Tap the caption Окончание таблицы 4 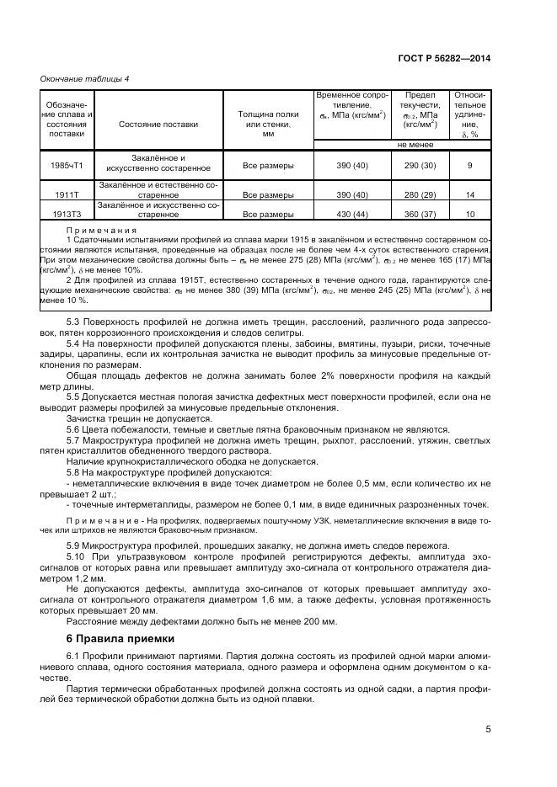(84, 78)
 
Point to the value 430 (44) (352, 215)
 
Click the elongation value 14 (470, 194)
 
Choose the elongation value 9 (470, 166)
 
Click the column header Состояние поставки (158, 124)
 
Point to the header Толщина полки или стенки (268, 124)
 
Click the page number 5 (488, 730)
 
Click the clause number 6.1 (74, 657)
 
